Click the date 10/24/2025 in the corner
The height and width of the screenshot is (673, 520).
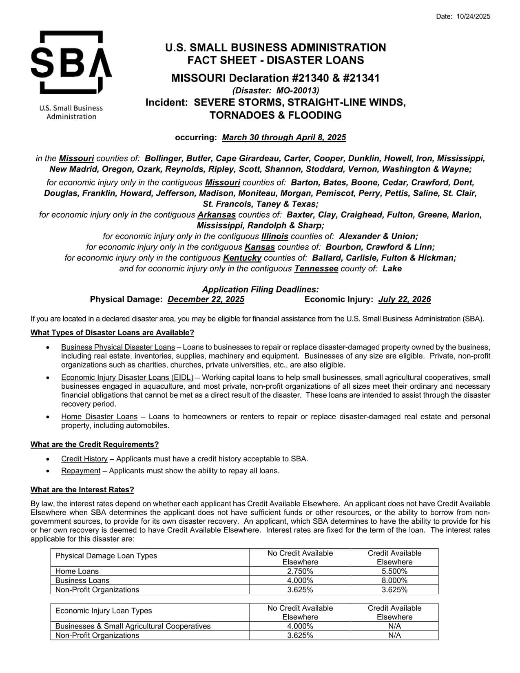tap(474, 16)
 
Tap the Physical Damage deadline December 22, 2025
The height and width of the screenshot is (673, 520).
tap(206, 299)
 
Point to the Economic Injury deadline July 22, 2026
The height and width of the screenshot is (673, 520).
tap(404, 299)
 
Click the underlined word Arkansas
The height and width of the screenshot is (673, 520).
tap(217, 215)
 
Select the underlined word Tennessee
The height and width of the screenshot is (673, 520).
tap(316, 269)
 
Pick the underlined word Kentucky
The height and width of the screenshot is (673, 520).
tap(242, 258)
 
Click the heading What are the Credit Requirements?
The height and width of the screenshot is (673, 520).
tap(95, 444)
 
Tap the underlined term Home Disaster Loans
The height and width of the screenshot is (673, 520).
tap(99, 416)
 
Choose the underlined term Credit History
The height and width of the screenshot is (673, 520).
tap(84, 459)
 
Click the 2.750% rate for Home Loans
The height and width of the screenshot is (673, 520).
tap(300, 571)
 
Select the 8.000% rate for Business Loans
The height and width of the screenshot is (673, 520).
tap(394, 580)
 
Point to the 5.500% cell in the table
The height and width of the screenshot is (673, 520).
tap(394, 571)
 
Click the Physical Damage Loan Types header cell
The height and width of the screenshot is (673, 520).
tap(106, 556)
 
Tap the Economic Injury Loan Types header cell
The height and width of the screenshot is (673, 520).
tap(104, 611)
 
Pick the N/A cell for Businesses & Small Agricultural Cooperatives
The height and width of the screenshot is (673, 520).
tap(394, 626)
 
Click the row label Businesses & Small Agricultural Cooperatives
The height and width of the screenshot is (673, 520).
tap(133, 626)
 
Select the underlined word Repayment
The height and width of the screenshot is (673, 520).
tap(81, 471)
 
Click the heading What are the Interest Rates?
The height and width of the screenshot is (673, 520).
tap(82, 489)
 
